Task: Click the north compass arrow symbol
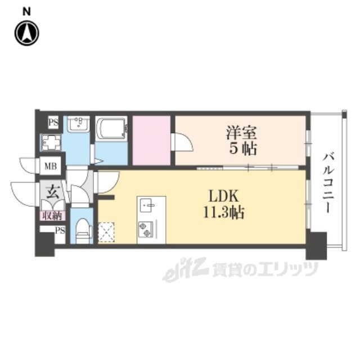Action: coord(26,33)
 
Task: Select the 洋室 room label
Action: coord(242,133)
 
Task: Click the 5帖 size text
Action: coord(243,149)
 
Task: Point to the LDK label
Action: coord(225,196)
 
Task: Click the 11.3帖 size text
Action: coord(225,213)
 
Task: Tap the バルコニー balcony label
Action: coord(326,181)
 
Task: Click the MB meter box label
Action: coord(51,166)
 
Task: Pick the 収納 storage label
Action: coord(52,215)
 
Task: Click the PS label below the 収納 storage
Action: coord(60,229)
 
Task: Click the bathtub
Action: coord(111,129)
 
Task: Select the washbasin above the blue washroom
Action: coord(79,124)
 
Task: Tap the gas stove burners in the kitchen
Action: coord(145,228)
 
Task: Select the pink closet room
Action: coord(151,140)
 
